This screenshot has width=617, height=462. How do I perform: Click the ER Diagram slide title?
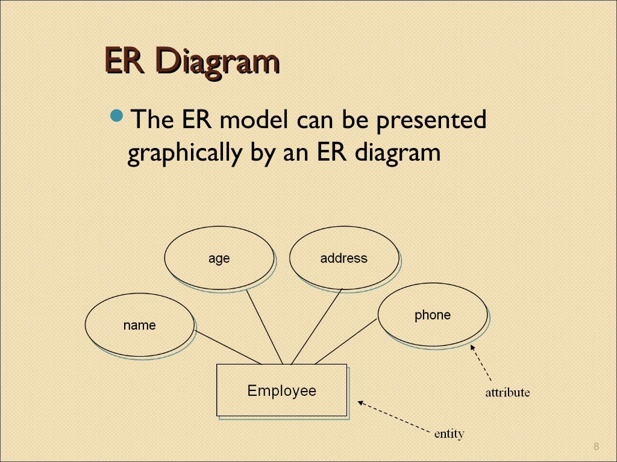(x=192, y=62)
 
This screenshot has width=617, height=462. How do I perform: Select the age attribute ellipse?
(x=219, y=258)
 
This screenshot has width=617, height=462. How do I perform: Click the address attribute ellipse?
(x=343, y=258)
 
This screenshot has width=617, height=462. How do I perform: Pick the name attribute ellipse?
(x=139, y=325)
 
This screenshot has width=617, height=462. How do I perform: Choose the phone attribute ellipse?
(x=432, y=315)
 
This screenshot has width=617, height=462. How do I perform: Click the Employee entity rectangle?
(x=281, y=390)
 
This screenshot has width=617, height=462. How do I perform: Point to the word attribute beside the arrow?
(x=507, y=393)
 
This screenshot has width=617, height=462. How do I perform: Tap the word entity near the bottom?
(x=449, y=433)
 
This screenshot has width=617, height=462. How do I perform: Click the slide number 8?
(x=596, y=446)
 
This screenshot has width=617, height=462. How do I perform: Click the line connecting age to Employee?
(x=264, y=327)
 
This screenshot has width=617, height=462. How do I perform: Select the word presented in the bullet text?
(x=431, y=120)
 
